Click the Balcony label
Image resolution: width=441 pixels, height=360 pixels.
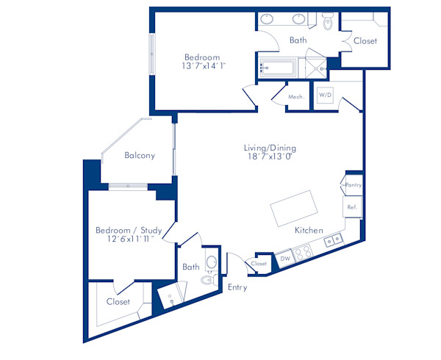tap(139, 156)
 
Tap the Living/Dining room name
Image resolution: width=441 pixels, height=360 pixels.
tap(270, 148)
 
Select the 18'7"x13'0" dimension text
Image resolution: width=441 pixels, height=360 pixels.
tap(270, 156)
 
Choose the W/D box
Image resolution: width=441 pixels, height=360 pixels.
tap(324, 96)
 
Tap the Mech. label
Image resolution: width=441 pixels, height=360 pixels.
tap(297, 97)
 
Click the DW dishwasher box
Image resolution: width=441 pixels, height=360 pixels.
tap(284, 258)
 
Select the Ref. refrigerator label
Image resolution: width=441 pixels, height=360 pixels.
tap(352, 208)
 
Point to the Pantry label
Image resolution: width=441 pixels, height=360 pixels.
tap(353, 186)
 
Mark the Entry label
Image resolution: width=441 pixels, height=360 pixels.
tap(237, 287)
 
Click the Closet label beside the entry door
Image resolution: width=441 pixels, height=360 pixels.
tap(259, 264)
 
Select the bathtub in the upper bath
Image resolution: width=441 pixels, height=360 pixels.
tap(276, 68)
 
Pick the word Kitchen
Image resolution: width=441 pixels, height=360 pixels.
tap(309, 231)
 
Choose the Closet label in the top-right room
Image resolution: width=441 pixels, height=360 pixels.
tap(365, 41)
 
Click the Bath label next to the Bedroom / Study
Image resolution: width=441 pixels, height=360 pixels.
tap(191, 267)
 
